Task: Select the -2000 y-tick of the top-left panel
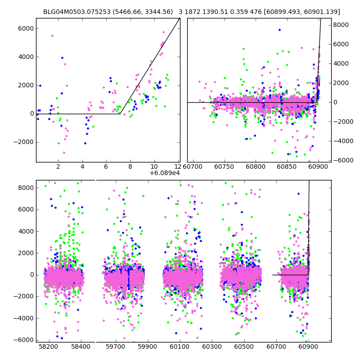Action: [23, 142]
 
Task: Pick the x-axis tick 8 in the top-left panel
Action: [130, 166]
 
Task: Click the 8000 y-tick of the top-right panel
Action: [342, 25]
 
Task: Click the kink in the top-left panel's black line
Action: [120, 113]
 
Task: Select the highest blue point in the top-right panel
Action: [279, 30]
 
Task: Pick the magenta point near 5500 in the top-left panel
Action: [52, 36]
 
